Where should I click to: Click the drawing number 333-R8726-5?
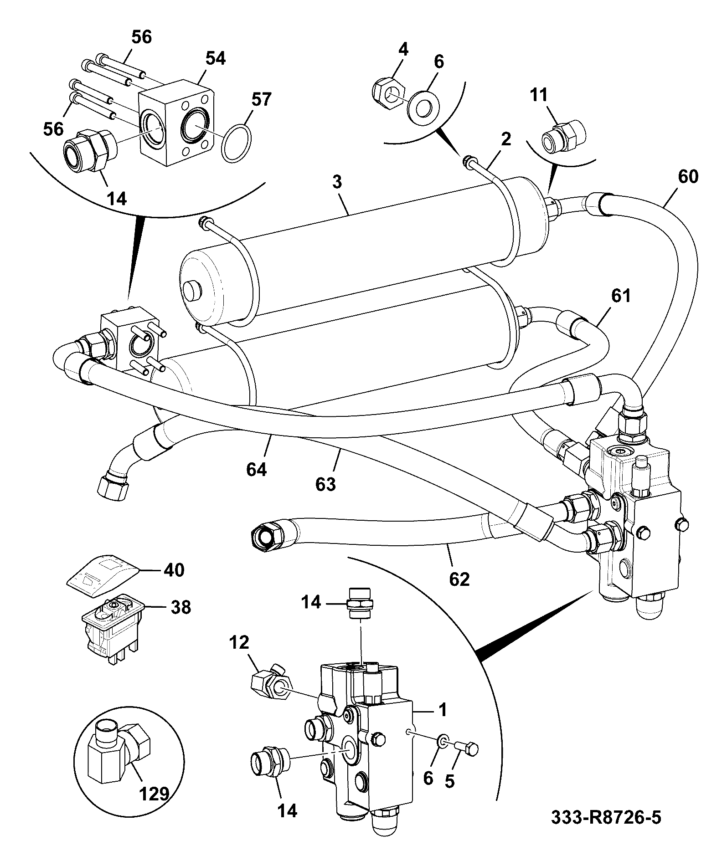(x=606, y=817)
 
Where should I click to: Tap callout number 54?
(x=215, y=58)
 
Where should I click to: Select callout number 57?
(x=261, y=99)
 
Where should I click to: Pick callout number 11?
(x=538, y=95)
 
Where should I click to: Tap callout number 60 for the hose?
(x=688, y=176)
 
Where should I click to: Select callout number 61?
(x=621, y=296)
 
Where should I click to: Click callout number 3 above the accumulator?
(x=336, y=182)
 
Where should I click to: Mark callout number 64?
(x=256, y=469)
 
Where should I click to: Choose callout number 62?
(x=459, y=579)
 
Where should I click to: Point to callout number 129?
(x=153, y=794)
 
